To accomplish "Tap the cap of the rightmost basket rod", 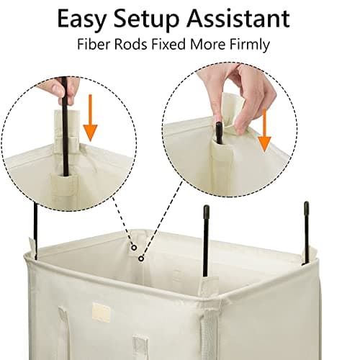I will coord(305,207).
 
